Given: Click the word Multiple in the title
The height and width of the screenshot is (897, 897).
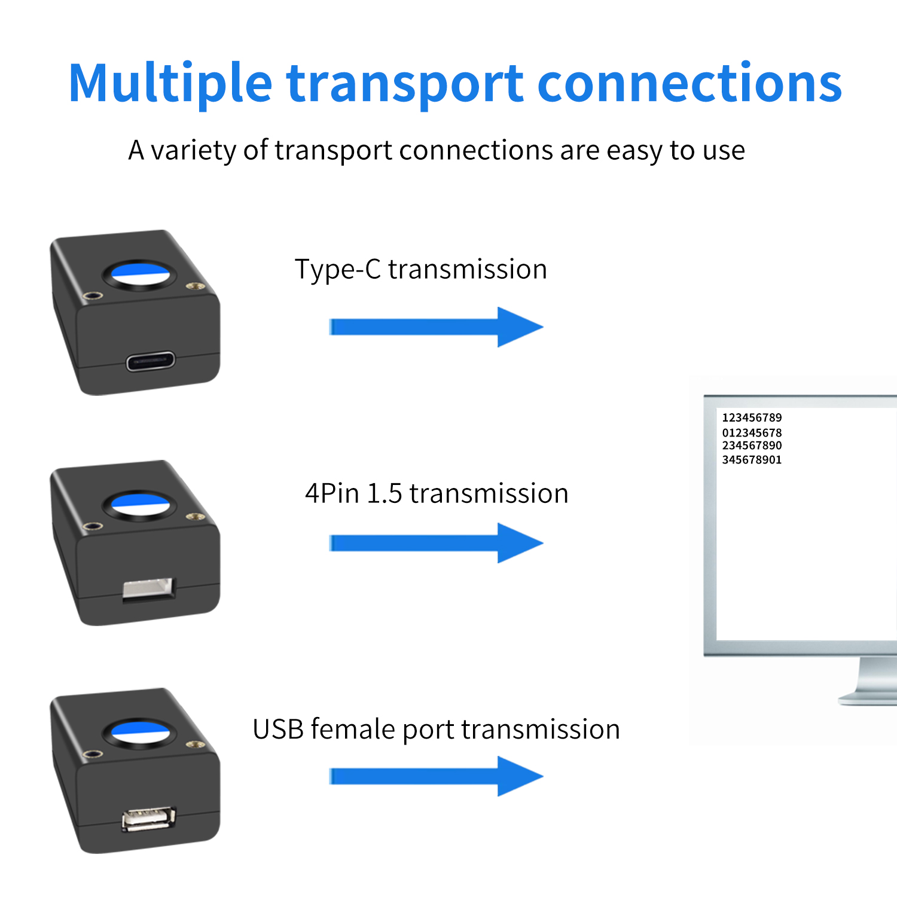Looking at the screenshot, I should click(x=170, y=84).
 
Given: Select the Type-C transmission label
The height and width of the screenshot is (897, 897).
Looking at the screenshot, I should click(x=420, y=270).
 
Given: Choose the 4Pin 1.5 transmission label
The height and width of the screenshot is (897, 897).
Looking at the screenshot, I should click(x=437, y=494).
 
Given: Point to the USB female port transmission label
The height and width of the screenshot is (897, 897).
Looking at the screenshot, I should click(x=436, y=730).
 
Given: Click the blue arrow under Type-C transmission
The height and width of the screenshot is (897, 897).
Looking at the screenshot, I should click(x=436, y=327).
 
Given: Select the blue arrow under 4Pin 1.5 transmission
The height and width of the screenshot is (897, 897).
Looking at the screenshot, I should click(x=436, y=543).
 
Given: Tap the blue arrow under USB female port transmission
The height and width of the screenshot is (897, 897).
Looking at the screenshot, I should click(x=436, y=776).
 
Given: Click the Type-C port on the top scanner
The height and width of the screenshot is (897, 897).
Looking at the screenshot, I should click(x=150, y=362).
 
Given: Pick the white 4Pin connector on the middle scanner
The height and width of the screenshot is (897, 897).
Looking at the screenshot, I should click(x=148, y=588).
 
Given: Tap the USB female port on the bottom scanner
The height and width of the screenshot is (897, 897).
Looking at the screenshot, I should click(x=149, y=819).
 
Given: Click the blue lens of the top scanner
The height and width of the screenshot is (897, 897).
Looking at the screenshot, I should click(x=140, y=274).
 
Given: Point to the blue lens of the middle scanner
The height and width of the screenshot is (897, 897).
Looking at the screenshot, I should click(x=140, y=504).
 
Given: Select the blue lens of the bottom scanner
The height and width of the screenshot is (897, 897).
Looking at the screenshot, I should click(x=140, y=733).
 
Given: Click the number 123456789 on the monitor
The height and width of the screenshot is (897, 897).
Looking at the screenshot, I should click(x=752, y=417).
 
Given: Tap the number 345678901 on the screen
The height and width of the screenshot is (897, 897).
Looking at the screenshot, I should click(x=752, y=460).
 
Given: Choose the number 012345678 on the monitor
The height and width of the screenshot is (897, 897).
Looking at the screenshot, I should click(x=752, y=432).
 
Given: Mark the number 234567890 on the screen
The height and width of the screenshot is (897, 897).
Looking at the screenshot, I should click(x=752, y=446).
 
